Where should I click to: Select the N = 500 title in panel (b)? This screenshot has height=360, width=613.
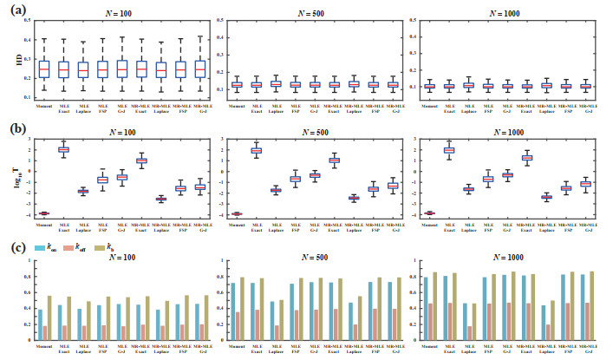click(x=315, y=132)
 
